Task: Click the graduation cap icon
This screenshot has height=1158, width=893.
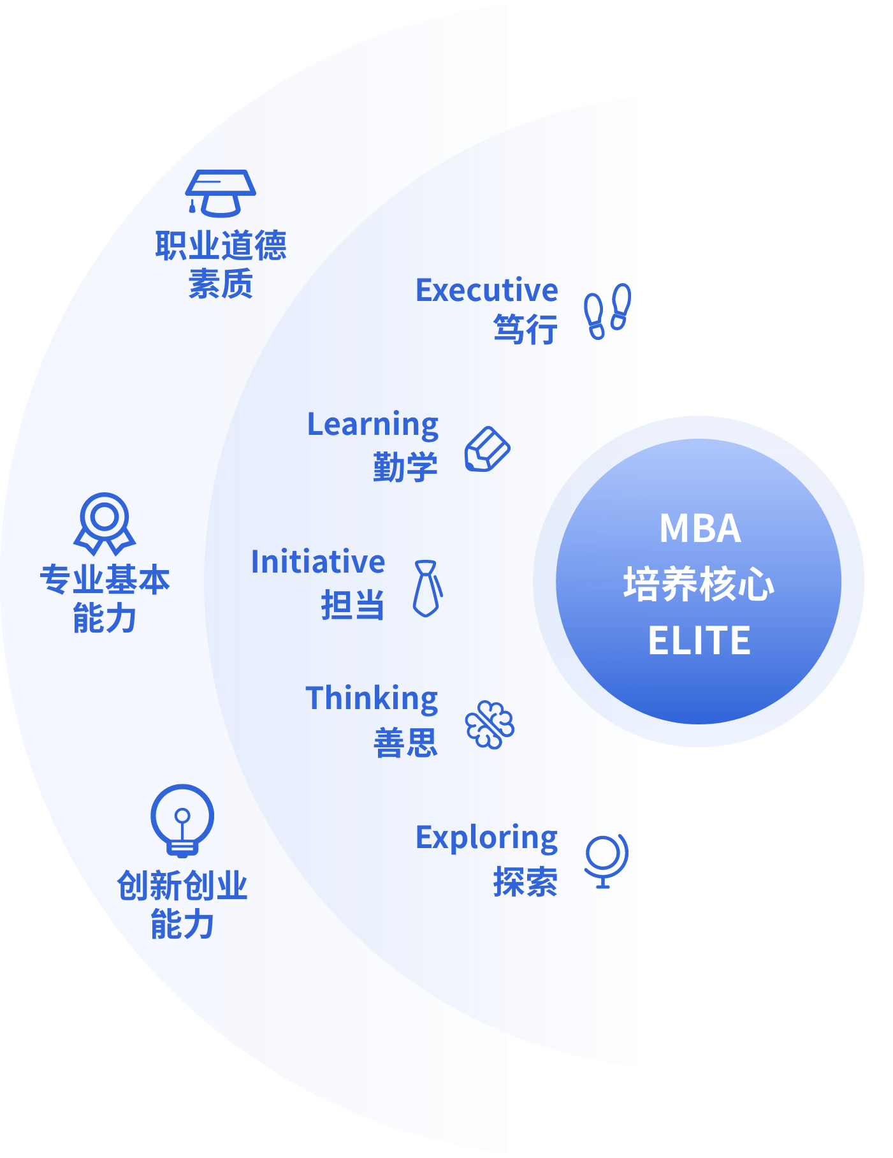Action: pyautogui.click(x=221, y=193)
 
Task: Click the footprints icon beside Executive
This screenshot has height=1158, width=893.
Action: pyautogui.click(x=608, y=311)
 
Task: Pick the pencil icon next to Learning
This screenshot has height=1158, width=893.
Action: pyautogui.click(x=487, y=450)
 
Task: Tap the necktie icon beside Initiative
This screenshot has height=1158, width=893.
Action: pyautogui.click(x=427, y=589)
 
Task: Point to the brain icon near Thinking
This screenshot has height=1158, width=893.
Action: pyautogui.click(x=490, y=724)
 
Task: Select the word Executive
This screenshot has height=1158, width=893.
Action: pyautogui.click(x=486, y=291)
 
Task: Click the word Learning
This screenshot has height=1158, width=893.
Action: pyautogui.click(x=373, y=425)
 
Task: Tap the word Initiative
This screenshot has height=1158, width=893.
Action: pyautogui.click(x=318, y=562)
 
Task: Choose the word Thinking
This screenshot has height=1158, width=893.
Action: pyautogui.click(x=372, y=699)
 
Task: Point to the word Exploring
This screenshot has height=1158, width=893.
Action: pyautogui.click(x=486, y=839)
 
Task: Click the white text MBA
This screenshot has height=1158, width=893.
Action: pyautogui.click(x=700, y=529)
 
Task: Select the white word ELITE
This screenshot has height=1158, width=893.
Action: pyautogui.click(x=699, y=640)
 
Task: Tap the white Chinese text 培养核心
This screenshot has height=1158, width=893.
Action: pyautogui.click(x=699, y=584)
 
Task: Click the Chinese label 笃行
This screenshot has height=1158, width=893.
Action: pyautogui.click(x=525, y=330)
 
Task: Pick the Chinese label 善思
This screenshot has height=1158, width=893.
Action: pyautogui.click(x=405, y=743)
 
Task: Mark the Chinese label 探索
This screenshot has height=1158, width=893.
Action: pyautogui.click(x=525, y=882)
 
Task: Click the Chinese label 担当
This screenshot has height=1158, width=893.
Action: pyautogui.click(x=352, y=605)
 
